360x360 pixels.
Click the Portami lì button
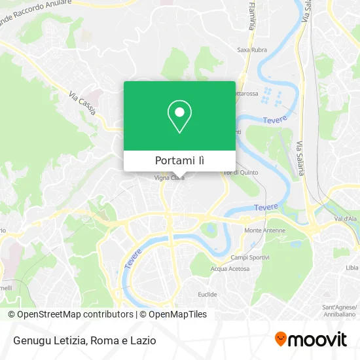click(179, 160)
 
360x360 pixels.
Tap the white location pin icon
click(179, 117)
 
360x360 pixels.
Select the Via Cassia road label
click(82, 103)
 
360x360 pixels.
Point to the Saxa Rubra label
click(249, 50)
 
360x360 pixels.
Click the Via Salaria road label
click(300, 157)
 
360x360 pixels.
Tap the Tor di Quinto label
click(242, 172)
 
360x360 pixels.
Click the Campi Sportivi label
click(250, 257)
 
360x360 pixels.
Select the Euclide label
click(226, 295)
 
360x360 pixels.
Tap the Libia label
click(351, 267)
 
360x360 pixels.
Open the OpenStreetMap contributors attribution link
click(71, 314)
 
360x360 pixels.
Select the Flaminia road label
click(251, 16)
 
